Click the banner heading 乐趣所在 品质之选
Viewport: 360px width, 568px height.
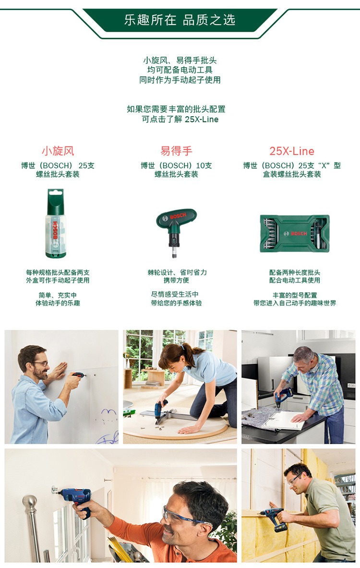click(x=180, y=20)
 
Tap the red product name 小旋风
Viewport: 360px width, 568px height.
click(x=58, y=151)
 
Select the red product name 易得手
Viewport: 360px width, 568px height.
click(x=176, y=151)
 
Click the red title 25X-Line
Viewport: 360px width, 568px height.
click(x=291, y=151)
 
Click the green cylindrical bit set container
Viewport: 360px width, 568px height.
click(x=55, y=223)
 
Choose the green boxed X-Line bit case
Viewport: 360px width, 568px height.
click(x=295, y=233)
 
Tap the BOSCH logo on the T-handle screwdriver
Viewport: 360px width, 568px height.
click(x=178, y=216)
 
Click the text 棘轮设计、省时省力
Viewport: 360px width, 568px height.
click(x=177, y=272)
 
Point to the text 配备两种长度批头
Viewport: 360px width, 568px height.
click(x=294, y=272)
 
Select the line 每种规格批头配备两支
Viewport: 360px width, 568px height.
click(x=58, y=272)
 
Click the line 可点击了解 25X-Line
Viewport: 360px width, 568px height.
click(x=180, y=119)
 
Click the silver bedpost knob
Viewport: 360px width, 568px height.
click(x=30, y=502)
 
